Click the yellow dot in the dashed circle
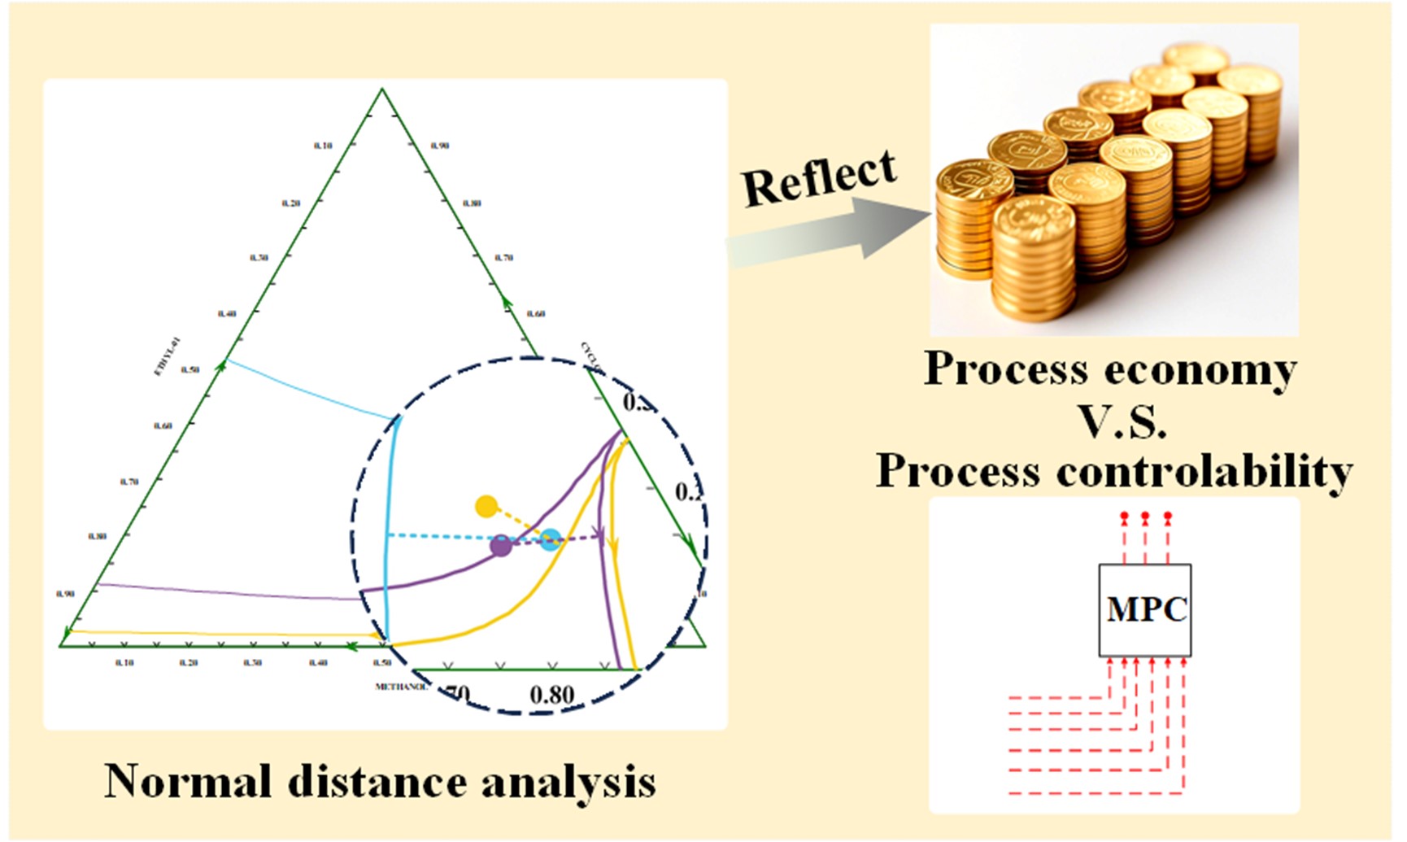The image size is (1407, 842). (x=486, y=506)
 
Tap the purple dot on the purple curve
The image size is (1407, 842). (x=502, y=546)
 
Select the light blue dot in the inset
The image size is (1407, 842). (x=551, y=539)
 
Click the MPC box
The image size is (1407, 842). (x=1145, y=610)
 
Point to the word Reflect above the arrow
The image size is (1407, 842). (x=819, y=177)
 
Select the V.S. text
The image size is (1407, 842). (x=1123, y=421)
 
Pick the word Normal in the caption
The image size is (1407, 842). (x=187, y=782)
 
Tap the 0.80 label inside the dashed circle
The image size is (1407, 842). (x=552, y=695)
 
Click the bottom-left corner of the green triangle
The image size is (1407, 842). (x=61, y=646)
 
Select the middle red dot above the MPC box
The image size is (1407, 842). (x=1145, y=516)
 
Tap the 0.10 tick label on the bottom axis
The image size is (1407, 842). (x=124, y=663)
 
